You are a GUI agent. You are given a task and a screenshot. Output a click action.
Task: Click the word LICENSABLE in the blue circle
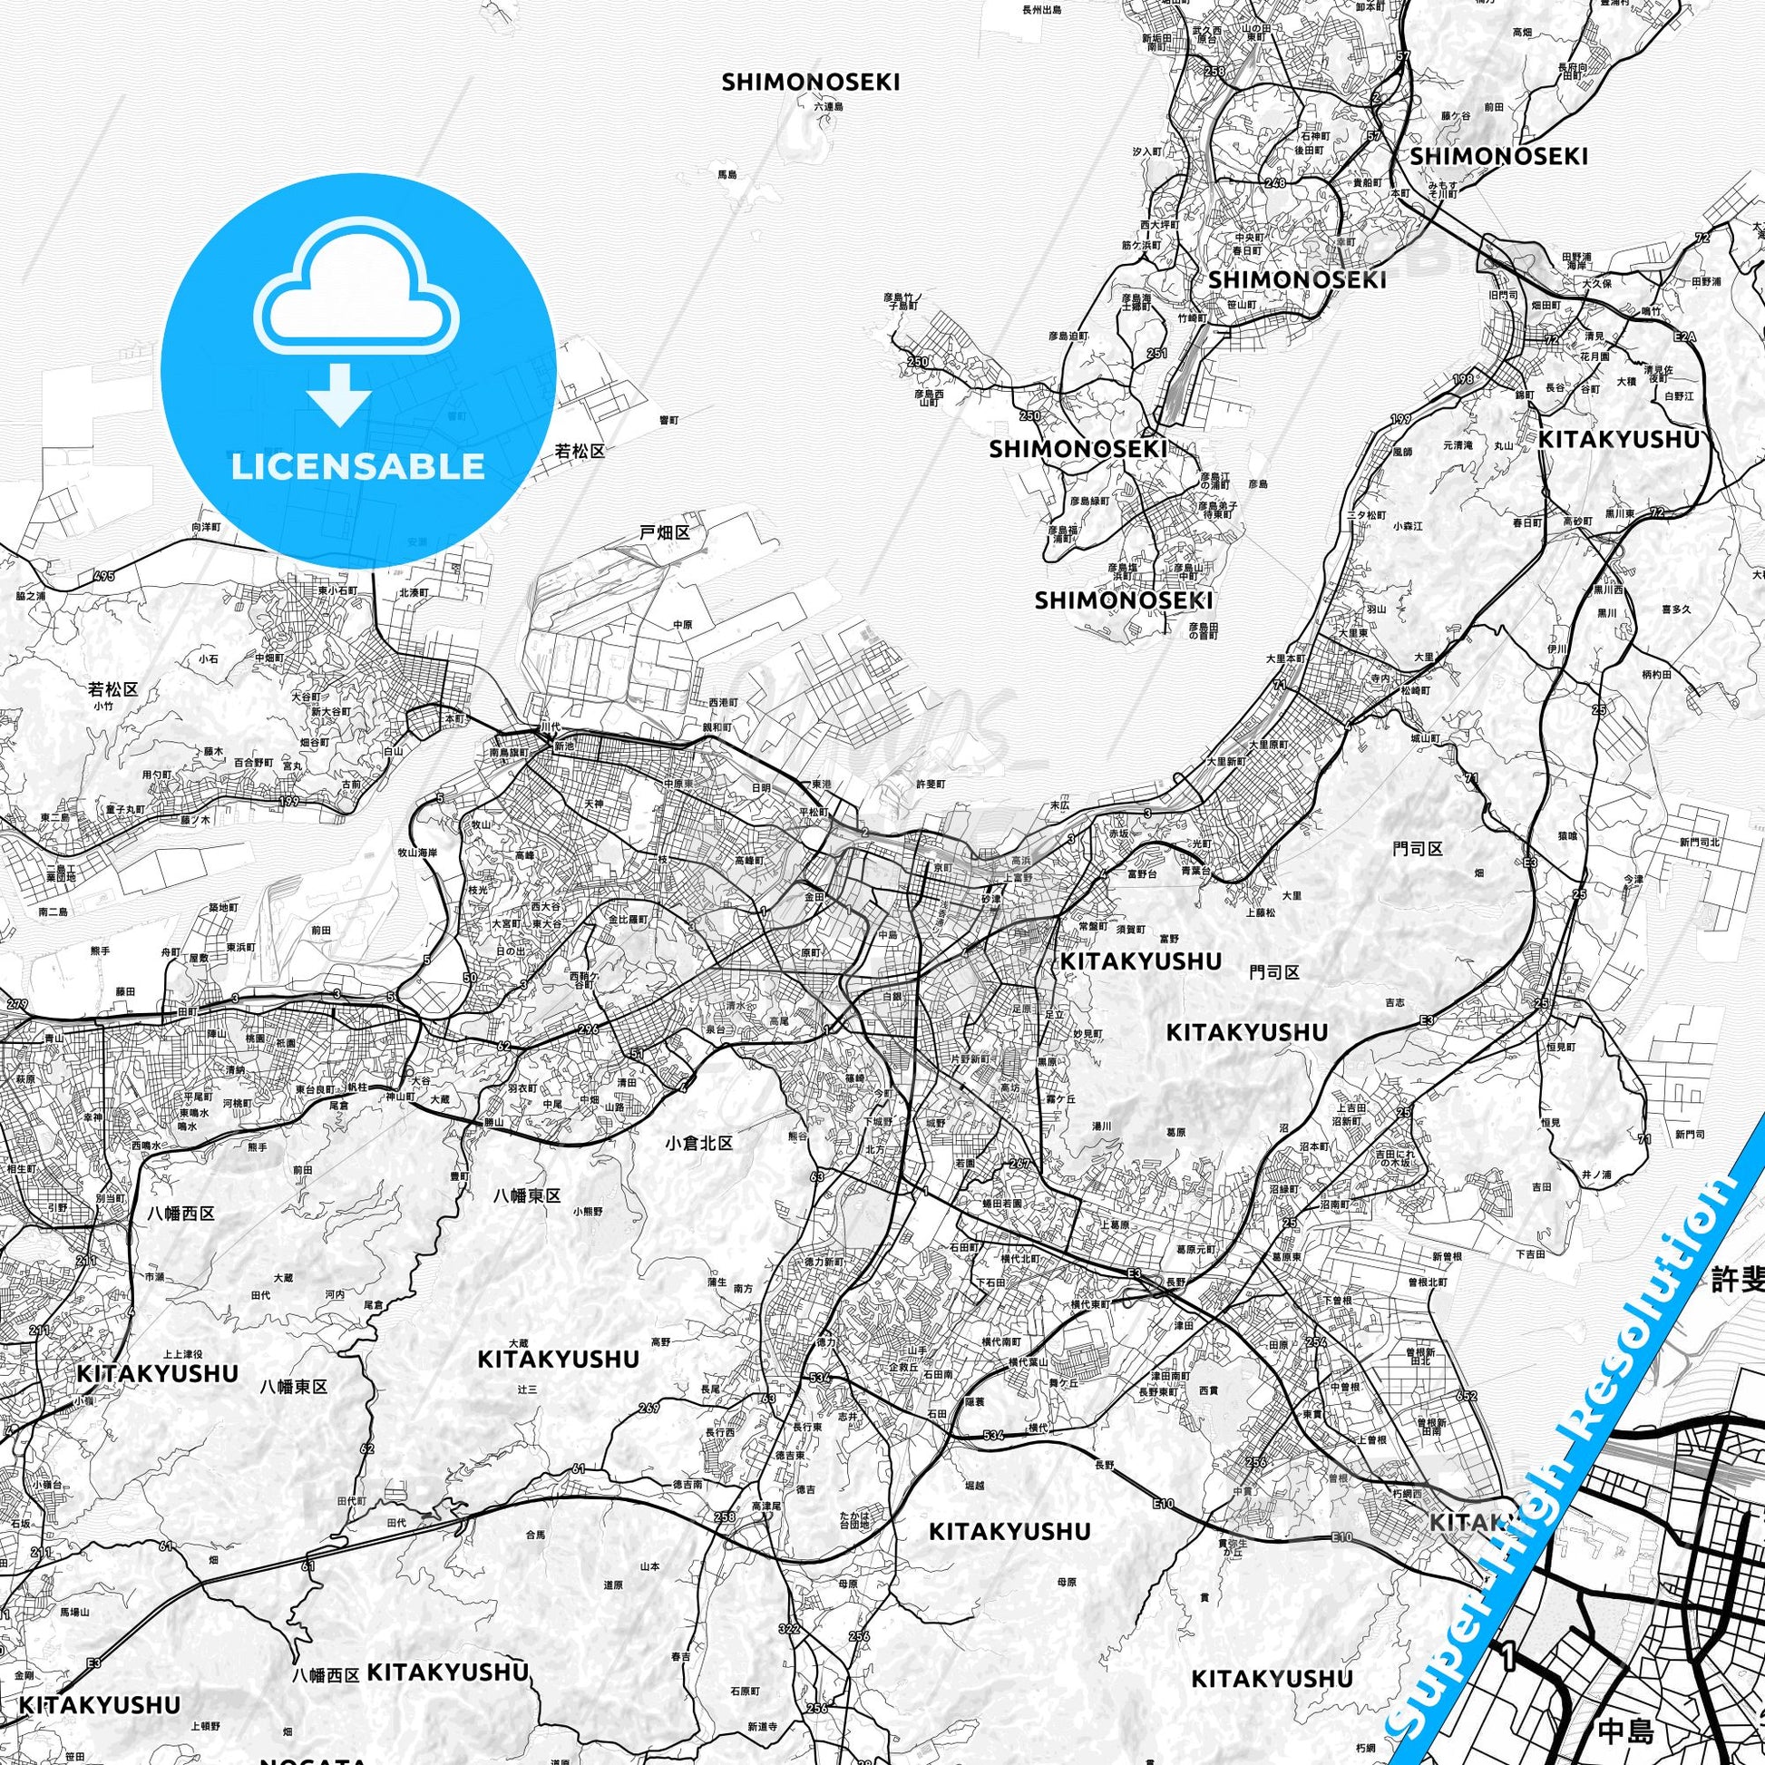click(x=358, y=467)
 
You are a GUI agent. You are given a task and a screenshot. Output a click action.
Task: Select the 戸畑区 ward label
click(x=664, y=532)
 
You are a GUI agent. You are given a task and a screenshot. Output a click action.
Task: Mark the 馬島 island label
click(x=726, y=173)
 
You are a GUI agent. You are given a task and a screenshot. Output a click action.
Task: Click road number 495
click(x=105, y=577)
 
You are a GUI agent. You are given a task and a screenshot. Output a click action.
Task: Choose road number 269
click(x=649, y=1408)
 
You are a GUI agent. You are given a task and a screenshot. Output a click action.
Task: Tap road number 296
click(x=588, y=1029)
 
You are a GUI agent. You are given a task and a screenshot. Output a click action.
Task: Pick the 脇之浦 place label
click(x=30, y=595)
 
